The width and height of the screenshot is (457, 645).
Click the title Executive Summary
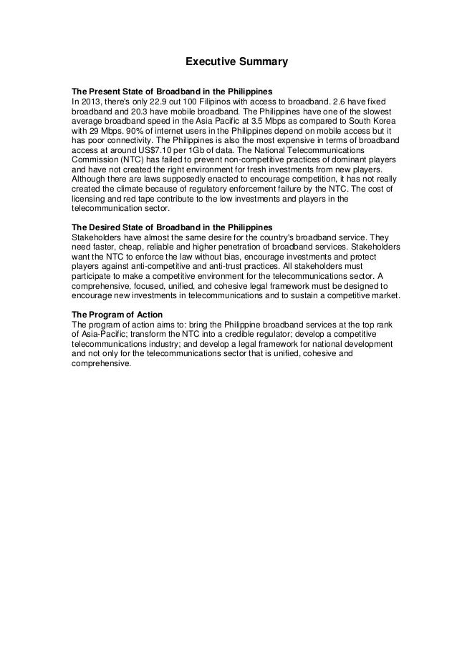pos(236,62)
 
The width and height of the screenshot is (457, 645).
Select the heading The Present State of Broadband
pos(171,93)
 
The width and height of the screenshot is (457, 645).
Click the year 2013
pos(90,103)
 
